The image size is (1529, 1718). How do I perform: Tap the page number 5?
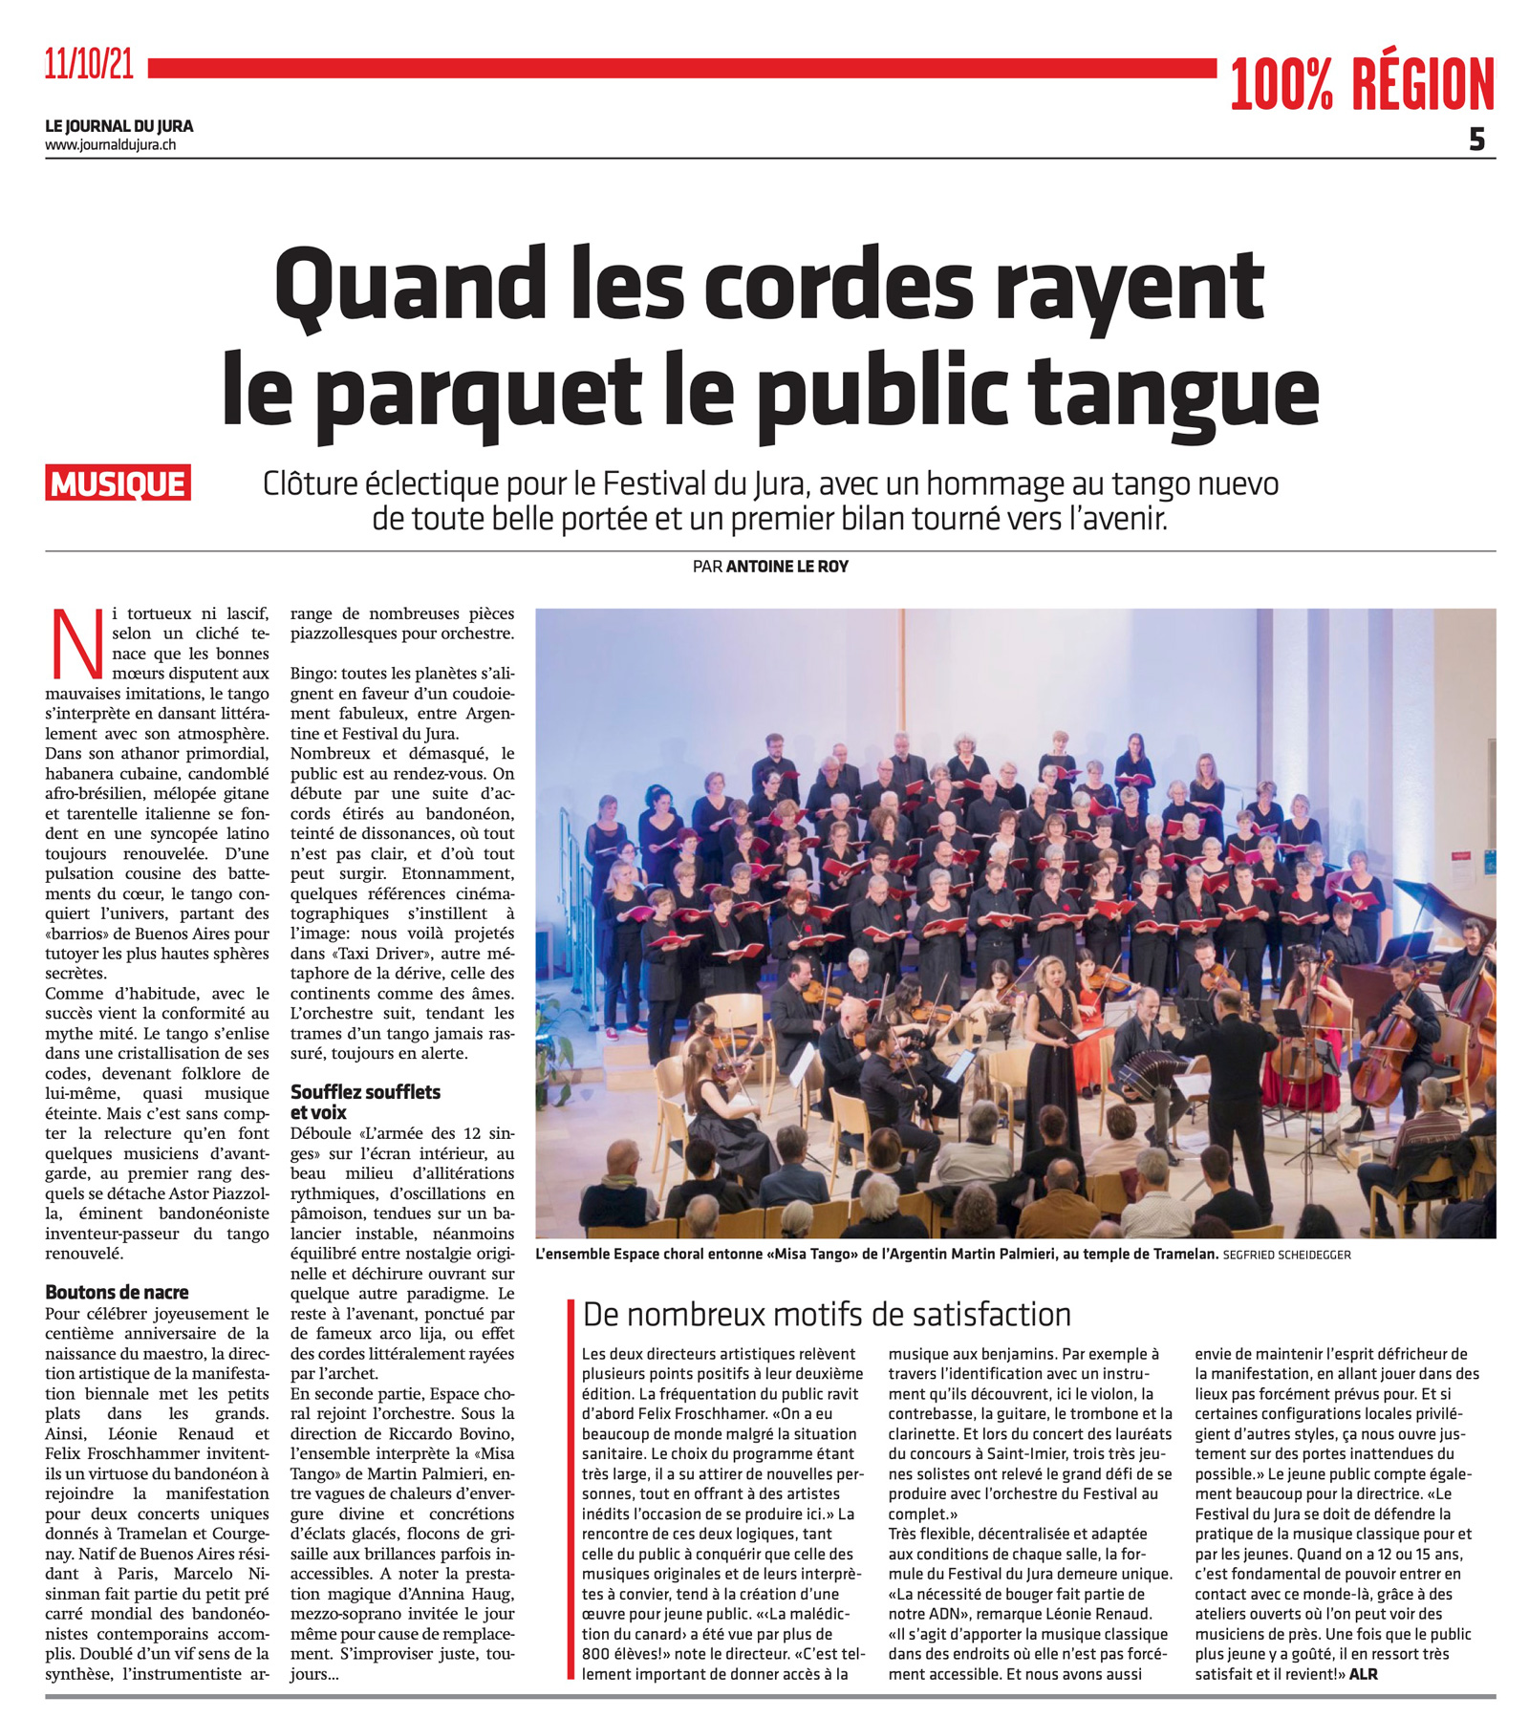coord(1476,140)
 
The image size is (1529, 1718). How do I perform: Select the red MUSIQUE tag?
coord(118,483)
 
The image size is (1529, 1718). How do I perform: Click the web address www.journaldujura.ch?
coord(110,145)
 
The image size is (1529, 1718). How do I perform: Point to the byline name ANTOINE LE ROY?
coord(786,567)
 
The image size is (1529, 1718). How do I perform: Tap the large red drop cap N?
coord(76,642)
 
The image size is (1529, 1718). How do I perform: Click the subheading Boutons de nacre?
coord(117,1292)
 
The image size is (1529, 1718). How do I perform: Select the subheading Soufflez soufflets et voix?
coord(365,1102)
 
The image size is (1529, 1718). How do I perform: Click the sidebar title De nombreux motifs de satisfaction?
coord(826,1315)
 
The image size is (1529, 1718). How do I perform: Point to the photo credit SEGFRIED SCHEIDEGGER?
coord(1286,1255)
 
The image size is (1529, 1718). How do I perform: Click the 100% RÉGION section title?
coord(1361,84)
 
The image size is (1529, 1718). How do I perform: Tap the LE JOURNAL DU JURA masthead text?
coord(118,126)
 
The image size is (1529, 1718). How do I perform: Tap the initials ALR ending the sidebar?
coord(1363,1674)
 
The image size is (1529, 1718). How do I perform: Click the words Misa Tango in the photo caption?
coord(813,1254)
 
